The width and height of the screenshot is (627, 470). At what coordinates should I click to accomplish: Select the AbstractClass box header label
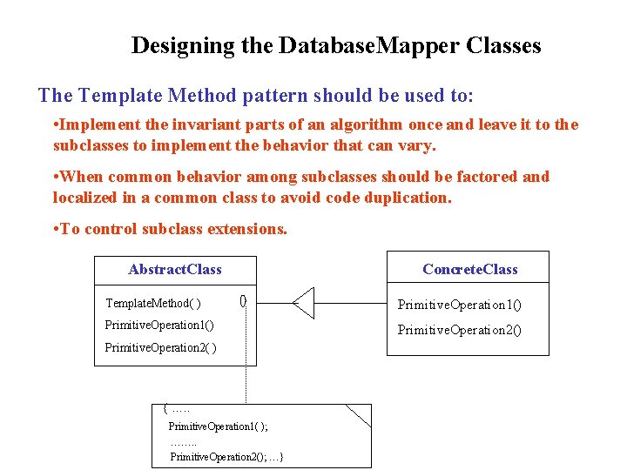click(175, 270)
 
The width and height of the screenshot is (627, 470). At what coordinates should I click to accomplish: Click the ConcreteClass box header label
click(470, 270)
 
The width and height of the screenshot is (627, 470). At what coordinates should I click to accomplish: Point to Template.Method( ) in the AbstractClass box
click(153, 304)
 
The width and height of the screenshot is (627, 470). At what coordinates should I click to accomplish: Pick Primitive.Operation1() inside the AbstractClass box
click(159, 326)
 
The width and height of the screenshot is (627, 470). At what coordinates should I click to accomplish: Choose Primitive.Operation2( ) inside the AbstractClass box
click(161, 348)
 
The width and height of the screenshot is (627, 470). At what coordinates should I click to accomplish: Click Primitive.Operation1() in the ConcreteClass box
click(459, 305)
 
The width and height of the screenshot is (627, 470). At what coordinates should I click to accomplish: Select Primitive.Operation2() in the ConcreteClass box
click(459, 331)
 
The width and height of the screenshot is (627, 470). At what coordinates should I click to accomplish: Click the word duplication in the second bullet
click(404, 198)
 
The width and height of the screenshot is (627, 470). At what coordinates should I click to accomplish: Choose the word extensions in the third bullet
click(248, 230)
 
